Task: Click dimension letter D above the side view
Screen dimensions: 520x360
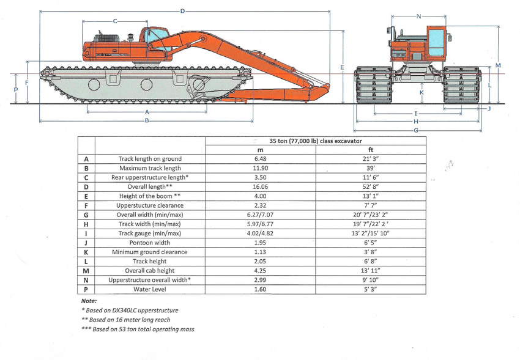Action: click(182, 11)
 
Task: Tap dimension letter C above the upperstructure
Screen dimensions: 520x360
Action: click(115, 21)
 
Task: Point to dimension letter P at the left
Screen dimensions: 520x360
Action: click(15, 89)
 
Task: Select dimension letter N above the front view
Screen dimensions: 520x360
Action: click(418, 17)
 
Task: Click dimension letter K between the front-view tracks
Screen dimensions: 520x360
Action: click(422, 92)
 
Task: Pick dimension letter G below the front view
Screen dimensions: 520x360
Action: click(416, 130)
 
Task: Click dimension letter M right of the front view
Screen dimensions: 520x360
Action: click(498, 65)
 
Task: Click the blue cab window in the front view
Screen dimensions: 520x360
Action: click(436, 42)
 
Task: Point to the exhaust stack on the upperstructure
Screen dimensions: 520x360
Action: click(130, 37)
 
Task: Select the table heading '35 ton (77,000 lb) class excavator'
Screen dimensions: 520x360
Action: click(316, 141)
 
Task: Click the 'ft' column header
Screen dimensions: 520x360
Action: click(371, 150)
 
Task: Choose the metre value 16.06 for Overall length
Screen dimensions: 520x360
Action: click(261, 187)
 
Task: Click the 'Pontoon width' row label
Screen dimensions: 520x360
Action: click(149, 243)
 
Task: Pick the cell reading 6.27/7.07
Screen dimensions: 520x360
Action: click(261, 215)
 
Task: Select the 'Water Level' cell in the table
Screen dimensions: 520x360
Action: click(149, 289)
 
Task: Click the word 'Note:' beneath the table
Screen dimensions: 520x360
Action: click(89, 301)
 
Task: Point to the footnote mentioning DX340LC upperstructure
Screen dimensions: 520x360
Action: click(130, 310)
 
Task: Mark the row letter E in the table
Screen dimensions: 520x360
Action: click(86, 196)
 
